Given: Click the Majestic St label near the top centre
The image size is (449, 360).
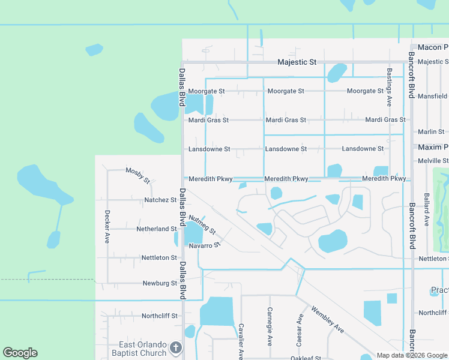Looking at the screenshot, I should tap(297, 62).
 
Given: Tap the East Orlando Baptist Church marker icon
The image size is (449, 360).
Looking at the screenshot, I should tap(175, 348).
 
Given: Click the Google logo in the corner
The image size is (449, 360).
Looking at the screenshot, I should tap(20, 353).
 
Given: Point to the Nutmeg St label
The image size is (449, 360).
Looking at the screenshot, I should tap(202, 225).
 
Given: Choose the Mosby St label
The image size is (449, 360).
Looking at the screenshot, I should tap(137, 174).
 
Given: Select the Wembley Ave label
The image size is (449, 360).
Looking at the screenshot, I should tap(327, 320).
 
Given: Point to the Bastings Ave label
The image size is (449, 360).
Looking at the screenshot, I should tap(389, 88).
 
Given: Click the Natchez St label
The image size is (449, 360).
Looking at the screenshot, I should tap(160, 200).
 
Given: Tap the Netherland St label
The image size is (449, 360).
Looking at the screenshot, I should tap(156, 229).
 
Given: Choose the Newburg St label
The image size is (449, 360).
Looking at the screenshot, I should tap(160, 283).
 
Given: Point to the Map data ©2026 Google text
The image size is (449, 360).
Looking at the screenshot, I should tap(411, 355).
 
